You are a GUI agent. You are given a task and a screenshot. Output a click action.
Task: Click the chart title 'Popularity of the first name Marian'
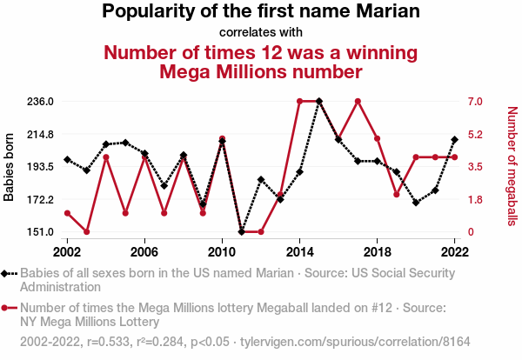(261, 12)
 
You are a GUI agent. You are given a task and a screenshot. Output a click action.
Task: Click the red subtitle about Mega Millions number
(261, 62)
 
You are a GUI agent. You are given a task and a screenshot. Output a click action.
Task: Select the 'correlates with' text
(261, 33)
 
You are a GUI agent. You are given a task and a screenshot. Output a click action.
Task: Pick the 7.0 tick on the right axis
(474, 101)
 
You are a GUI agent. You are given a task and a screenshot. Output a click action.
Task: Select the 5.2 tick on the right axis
(474, 134)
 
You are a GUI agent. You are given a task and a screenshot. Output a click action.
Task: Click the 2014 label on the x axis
(299, 250)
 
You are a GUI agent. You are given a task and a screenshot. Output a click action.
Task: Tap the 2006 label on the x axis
(144, 250)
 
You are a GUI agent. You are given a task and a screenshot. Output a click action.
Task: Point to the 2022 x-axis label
(454, 250)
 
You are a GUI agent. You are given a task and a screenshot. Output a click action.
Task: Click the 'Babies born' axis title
(10, 166)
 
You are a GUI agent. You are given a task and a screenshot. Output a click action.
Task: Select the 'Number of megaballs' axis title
(512, 166)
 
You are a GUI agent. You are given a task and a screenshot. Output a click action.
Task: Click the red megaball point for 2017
(358, 101)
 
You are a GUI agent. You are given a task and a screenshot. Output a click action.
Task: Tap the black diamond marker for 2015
(319, 101)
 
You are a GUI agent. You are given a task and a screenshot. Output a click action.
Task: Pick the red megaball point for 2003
(86, 232)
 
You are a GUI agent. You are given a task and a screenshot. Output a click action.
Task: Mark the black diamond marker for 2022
(455, 139)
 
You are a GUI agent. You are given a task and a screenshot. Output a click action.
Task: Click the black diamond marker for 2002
(67, 159)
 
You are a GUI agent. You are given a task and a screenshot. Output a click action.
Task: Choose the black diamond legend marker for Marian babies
(7, 273)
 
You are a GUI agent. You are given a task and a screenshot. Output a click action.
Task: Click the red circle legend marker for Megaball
(7, 307)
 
